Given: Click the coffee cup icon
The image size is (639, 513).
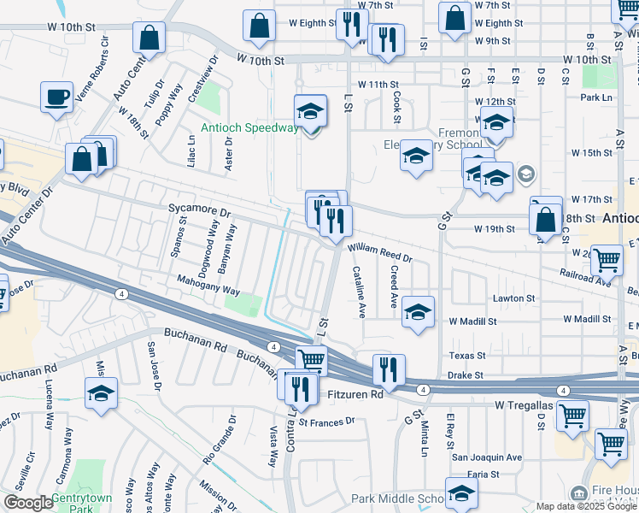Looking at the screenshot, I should pos(56,96).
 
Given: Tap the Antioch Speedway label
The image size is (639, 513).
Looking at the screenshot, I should pos(249,128).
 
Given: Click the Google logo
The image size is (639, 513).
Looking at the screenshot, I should pos(28,503).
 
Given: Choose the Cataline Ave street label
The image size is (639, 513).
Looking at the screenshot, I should pos(360,288).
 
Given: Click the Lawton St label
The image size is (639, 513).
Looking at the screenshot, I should pos(514,298).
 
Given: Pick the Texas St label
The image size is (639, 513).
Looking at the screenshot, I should pos(467,355).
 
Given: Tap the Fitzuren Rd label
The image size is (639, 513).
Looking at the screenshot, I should pos(355,395).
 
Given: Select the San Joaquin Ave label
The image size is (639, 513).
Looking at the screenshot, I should pos(487,457).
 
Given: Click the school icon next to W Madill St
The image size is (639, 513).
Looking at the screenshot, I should pos(418,311).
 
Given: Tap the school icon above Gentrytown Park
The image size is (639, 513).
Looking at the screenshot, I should pos(102,392).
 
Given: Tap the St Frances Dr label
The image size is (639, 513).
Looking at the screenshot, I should pos(325,422).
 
